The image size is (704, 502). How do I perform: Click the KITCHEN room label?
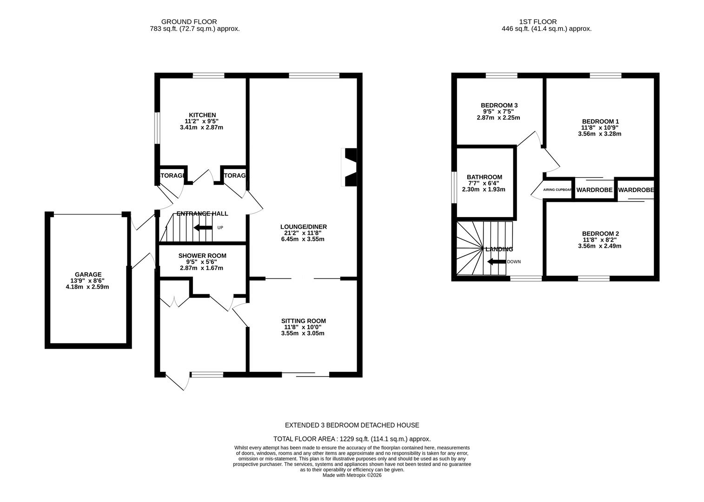point(202,115)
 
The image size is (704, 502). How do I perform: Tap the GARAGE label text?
point(88,275)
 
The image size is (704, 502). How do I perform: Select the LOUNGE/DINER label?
point(303,227)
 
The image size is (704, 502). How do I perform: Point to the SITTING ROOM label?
point(303,321)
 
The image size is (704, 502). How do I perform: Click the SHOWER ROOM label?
point(202,256)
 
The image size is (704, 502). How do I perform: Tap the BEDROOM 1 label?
point(600,121)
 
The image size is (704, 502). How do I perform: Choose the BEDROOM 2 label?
point(600,234)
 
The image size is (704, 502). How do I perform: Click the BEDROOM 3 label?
point(499,106)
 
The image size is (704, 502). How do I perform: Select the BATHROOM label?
point(484,177)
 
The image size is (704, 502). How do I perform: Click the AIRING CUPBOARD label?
point(558,190)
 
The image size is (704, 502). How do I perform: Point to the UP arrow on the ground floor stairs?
point(203,228)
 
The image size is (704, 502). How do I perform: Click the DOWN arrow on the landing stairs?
point(496,262)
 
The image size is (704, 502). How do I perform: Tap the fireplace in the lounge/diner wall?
point(350,167)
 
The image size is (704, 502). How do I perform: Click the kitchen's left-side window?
point(157,128)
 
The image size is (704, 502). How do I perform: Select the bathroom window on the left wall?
point(454,187)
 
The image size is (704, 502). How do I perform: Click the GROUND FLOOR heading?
point(189,21)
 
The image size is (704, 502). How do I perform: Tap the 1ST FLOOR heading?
point(538,21)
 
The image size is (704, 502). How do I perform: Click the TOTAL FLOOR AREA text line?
point(352,439)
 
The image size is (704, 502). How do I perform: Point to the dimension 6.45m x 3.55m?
point(303,239)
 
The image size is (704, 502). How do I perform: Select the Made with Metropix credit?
point(352,475)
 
